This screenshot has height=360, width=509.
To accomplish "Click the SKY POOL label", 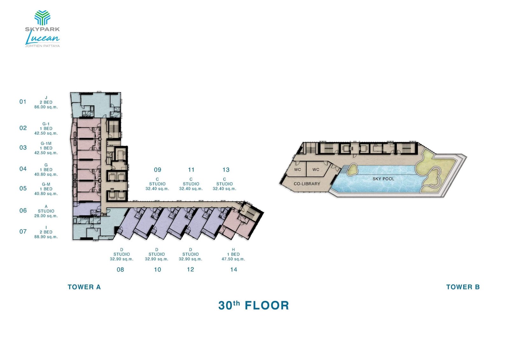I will click(x=383, y=179).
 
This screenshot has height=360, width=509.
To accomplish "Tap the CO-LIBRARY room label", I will click(x=307, y=184).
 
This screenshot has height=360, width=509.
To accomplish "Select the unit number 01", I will click(x=23, y=102).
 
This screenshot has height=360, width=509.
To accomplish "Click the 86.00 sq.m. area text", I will click(x=46, y=107).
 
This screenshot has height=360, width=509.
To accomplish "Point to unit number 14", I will click(x=234, y=270).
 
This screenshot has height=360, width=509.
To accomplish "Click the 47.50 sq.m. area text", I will click(x=233, y=259).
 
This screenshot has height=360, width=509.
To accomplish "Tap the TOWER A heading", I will click(x=84, y=287).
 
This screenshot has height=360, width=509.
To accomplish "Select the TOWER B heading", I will click(x=463, y=287).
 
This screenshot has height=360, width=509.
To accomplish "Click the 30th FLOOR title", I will click(x=254, y=306).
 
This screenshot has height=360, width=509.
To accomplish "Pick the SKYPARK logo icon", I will click(x=42, y=18).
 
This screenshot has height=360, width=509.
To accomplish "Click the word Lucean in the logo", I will click(x=42, y=39).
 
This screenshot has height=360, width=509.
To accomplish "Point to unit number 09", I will click(x=157, y=170).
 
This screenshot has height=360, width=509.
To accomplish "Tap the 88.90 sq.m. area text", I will click(x=46, y=237).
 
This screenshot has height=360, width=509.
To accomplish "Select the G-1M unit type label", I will click(x=46, y=144).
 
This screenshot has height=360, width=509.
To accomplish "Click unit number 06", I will click(x=23, y=211).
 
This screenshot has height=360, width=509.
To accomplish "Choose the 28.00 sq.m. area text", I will click(x=46, y=216).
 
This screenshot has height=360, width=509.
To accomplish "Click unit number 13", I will click(x=226, y=170).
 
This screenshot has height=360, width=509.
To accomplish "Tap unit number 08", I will click(x=120, y=270).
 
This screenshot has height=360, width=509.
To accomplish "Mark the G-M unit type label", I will click(x=46, y=184).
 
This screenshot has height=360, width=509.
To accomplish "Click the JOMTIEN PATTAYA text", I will click(x=42, y=46).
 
